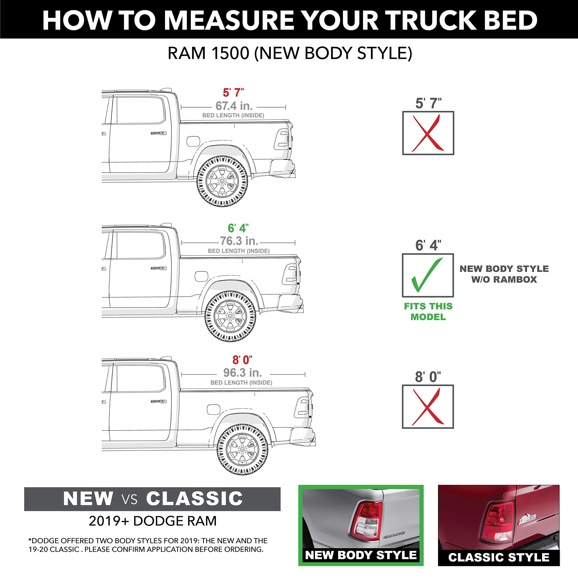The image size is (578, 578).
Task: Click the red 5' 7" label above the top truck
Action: click(x=233, y=93)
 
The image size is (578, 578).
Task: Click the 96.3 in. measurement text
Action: click(x=242, y=373)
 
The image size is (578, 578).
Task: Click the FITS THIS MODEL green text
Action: click(x=428, y=311)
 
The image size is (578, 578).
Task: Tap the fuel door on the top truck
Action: click(x=193, y=141)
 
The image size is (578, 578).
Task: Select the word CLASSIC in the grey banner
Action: click(x=194, y=499)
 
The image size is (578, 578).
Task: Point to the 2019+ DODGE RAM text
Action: click(x=153, y=521)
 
